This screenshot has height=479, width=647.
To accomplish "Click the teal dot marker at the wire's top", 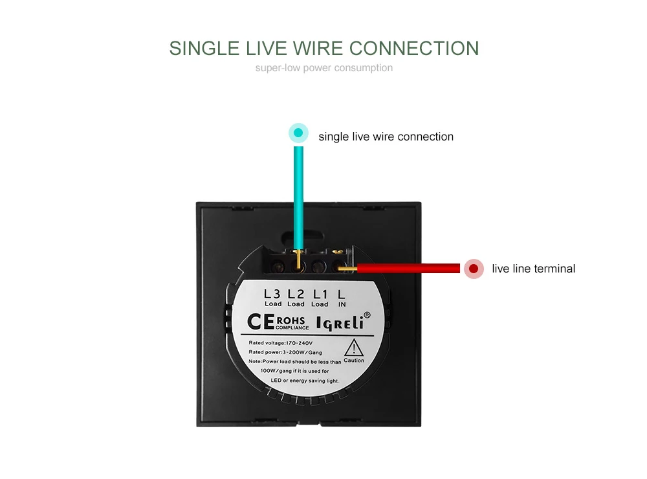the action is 298,133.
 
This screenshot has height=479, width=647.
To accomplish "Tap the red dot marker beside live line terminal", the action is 474,269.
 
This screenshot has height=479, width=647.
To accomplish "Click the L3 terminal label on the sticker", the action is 272,294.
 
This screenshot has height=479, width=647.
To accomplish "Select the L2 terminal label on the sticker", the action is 296,294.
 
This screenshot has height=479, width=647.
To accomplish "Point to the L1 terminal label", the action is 320,294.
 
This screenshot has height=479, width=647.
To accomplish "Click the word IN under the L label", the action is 342,304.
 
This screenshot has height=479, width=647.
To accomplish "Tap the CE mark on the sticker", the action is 261,322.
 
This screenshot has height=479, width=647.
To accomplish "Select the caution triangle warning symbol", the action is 354,348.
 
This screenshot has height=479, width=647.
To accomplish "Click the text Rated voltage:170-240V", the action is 281,343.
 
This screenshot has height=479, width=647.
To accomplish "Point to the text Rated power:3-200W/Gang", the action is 285,352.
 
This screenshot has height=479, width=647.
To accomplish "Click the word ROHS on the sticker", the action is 291,320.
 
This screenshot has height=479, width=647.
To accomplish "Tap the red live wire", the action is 408,269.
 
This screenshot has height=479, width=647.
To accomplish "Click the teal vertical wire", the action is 298,198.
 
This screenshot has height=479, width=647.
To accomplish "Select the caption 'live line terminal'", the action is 534,269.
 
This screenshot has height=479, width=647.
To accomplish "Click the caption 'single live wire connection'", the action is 386,137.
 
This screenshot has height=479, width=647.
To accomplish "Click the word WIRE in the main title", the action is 318,49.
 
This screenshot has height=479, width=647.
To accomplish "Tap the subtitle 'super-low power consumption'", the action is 324,68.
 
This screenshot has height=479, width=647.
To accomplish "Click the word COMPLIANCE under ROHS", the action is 292,328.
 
